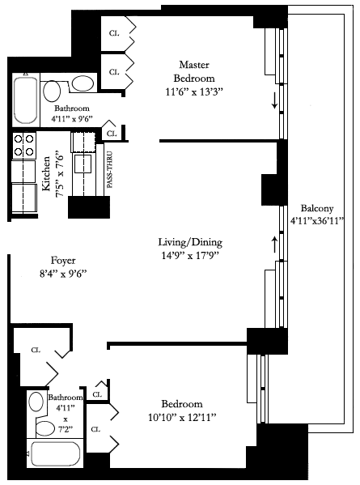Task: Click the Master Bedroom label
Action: tap(194, 71)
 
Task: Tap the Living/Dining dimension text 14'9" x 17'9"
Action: tap(190, 256)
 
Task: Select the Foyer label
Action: tap(63, 261)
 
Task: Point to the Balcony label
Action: tap(317, 208)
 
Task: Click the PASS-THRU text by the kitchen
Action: tap(109, 169)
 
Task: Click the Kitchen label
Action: tap(46, 173)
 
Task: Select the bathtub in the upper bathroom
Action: tap(26, 100)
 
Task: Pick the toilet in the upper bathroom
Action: tap(52, 91)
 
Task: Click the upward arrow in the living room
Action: tap(274, 245)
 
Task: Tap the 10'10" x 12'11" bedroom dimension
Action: tap(182, 418)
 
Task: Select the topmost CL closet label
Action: tap(114, 33)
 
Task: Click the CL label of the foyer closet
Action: tap(36, 350)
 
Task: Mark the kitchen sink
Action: tap(83, 164)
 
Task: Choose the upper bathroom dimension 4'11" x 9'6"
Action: tap(72, 119)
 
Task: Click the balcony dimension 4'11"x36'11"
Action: tap(317, 221)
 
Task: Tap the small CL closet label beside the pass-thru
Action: tap(112, 134)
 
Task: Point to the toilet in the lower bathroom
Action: tap(45, 428)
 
